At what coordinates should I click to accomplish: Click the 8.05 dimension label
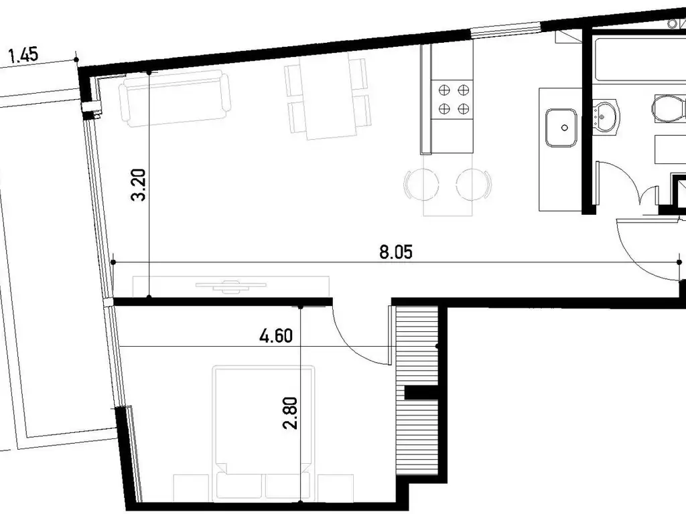[x=395, y=252]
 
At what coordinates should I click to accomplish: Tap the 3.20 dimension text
[x=138, y=185]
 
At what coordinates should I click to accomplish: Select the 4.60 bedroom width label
[x=276, y=336]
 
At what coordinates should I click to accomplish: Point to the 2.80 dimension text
[x=290, y=413]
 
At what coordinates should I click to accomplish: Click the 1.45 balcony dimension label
[x=23, y=56]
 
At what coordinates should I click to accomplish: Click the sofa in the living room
[x=175, y=98]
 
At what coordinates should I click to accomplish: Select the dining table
[x=327, y=96]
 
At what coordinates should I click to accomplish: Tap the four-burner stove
[x=454, y=99]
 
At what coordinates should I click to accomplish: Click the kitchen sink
[x=561, y=128]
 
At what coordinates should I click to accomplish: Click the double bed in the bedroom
[x=264, y=433]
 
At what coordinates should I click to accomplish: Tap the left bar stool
[x=421, y=184]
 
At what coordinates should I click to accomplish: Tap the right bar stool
[x=474, y=184]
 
